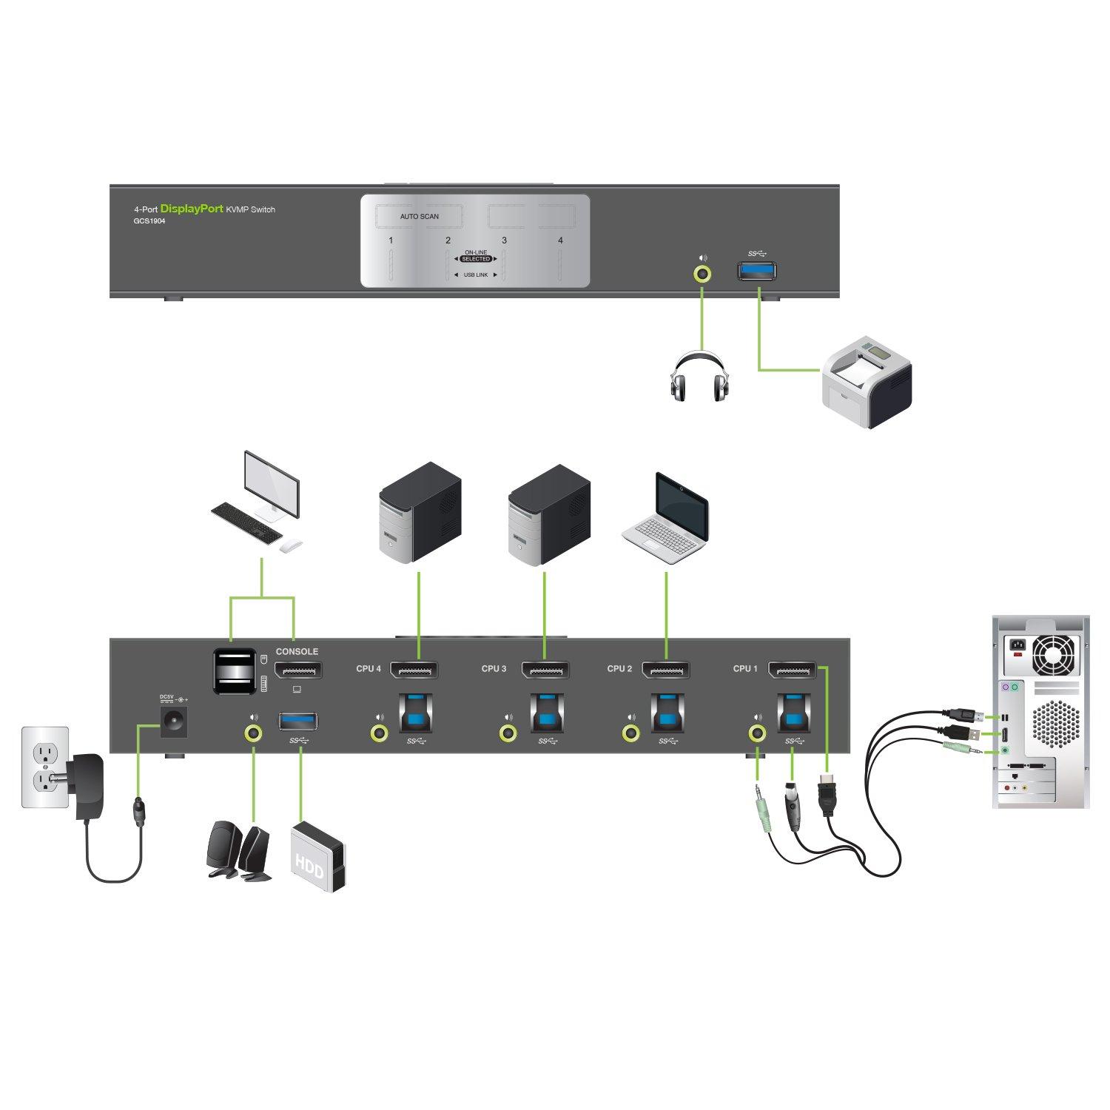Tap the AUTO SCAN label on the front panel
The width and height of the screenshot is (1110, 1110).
(x=419, y=217)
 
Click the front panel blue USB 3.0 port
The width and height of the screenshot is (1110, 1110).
(x=756, y=272)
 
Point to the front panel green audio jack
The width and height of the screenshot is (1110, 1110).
(x=702, y=274)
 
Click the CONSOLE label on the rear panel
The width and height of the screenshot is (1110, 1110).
(x=297, y=652)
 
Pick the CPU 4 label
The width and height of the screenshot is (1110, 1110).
(x=369, y=669)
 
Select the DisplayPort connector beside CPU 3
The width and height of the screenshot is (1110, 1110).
(x=545, y=670)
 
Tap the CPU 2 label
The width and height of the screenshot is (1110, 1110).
(x=619, y=669)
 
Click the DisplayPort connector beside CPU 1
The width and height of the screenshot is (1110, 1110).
(x=792, y=670)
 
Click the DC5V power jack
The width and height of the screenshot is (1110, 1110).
(x=178, y=720)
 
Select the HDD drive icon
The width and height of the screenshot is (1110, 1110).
(x=319, y=856)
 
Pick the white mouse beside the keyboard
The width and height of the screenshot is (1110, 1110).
(x=291, y=546)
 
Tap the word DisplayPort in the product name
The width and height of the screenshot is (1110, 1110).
(x=192, y=209)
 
